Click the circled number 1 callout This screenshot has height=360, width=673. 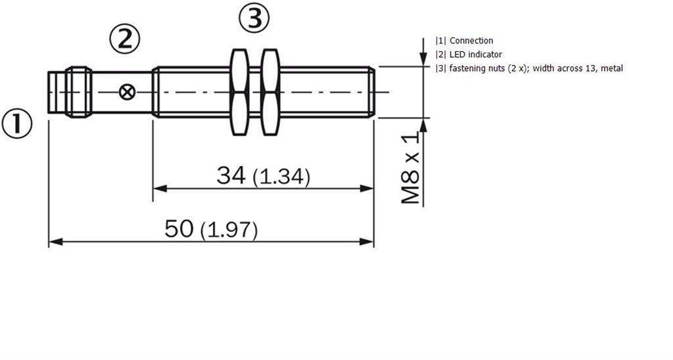(x=17, y=124)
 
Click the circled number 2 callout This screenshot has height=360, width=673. (x=125, y=39)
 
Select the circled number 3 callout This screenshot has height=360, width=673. (x=254, y=18)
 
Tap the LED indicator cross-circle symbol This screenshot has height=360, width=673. (x=127, y=92)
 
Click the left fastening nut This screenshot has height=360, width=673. (x=239, y=92)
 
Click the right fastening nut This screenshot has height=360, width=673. (x=270, y=92)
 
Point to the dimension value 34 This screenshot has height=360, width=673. (x=231, y=175)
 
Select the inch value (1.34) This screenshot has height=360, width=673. (x=281, y=177)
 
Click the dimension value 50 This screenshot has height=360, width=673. (x=179, y=228)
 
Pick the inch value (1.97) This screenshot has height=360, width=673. (x=229, y=231)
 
